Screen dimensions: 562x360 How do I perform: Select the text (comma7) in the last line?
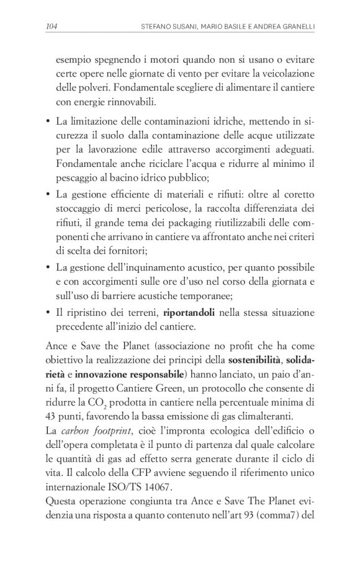coord(278,517)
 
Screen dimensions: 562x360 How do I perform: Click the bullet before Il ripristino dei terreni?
coord(48,311)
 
